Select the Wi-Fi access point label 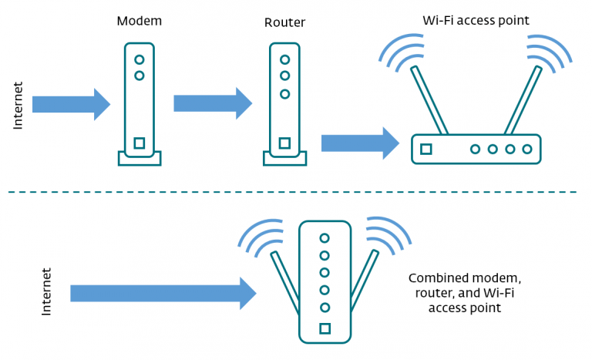476,20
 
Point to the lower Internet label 45,291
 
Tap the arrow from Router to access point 359,143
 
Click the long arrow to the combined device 162,293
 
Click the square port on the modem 139,143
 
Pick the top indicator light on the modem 139,59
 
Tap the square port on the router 284,143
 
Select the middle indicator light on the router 284,76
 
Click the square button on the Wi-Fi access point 426,149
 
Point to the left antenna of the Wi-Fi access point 430,100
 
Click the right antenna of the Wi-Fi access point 522,100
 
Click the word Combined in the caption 437,278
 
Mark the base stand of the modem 139,159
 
